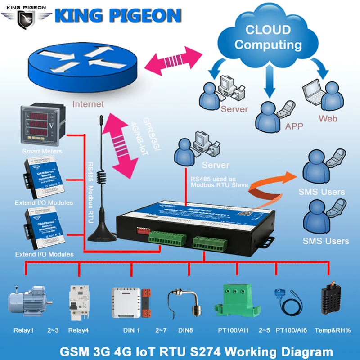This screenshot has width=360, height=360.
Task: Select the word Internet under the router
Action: click(x=88, y=104)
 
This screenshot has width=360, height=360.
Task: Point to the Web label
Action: click(x=328, y=119)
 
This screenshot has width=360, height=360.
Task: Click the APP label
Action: click(x=294, y=126)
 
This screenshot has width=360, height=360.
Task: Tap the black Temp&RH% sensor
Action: click(x=333, y=300)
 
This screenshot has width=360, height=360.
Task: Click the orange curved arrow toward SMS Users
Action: click(x=270, y=182)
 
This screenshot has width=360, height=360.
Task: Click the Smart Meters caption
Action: click(x=42, y=151)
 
